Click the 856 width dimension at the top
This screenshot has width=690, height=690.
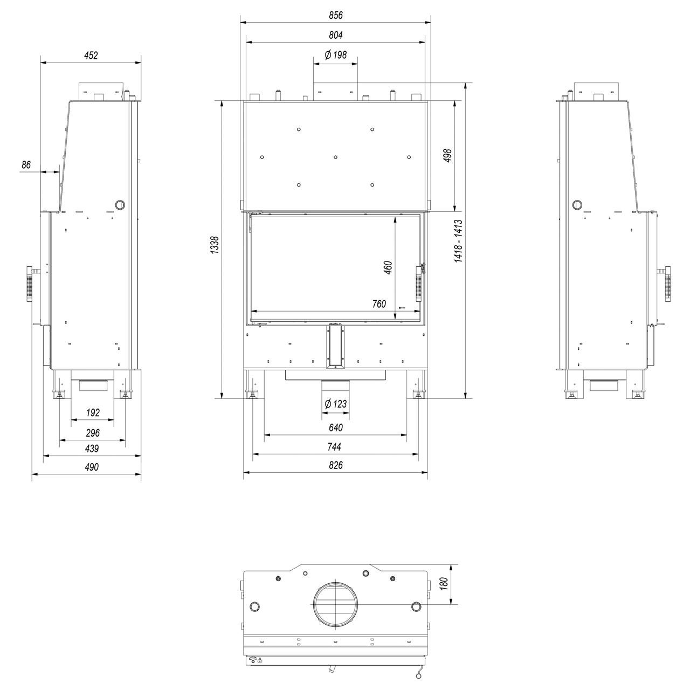click(335, 16)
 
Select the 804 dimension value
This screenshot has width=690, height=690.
click(335, 35)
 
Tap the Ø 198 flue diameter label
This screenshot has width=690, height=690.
click(335, 55)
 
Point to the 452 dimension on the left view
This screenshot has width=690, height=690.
click(91, 56)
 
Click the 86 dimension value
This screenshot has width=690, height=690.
click(26, 165)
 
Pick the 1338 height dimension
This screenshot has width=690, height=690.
click(215, 245)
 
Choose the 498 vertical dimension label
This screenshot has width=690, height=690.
click(447, 156)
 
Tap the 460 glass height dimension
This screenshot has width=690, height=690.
click(388, 267)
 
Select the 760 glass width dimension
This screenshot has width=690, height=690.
click(379, 304)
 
